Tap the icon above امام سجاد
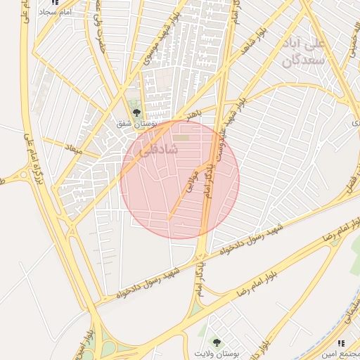coord(55,2)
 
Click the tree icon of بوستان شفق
coord(137,112)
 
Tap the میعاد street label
coord(73,150)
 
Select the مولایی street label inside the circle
coord(189,181)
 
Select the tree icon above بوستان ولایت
coord(217,342)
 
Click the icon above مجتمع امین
coord(341,343)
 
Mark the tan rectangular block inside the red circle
coord(182,138)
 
